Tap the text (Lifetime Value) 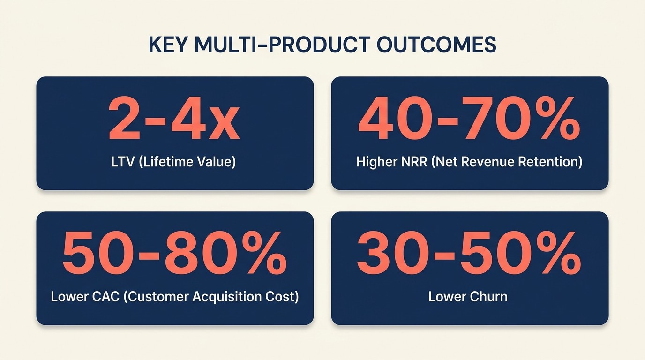click(x=187, y=162)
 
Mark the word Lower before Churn click(x=446, y=297)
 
